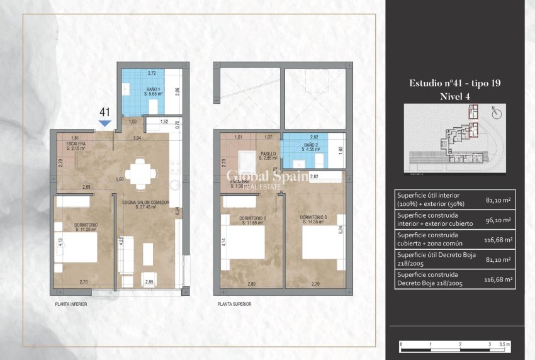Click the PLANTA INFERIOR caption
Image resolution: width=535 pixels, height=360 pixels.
point(70,304)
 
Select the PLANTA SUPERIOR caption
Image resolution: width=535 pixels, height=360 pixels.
point(234,304)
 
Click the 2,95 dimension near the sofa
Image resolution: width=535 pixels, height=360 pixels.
point(149,282)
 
